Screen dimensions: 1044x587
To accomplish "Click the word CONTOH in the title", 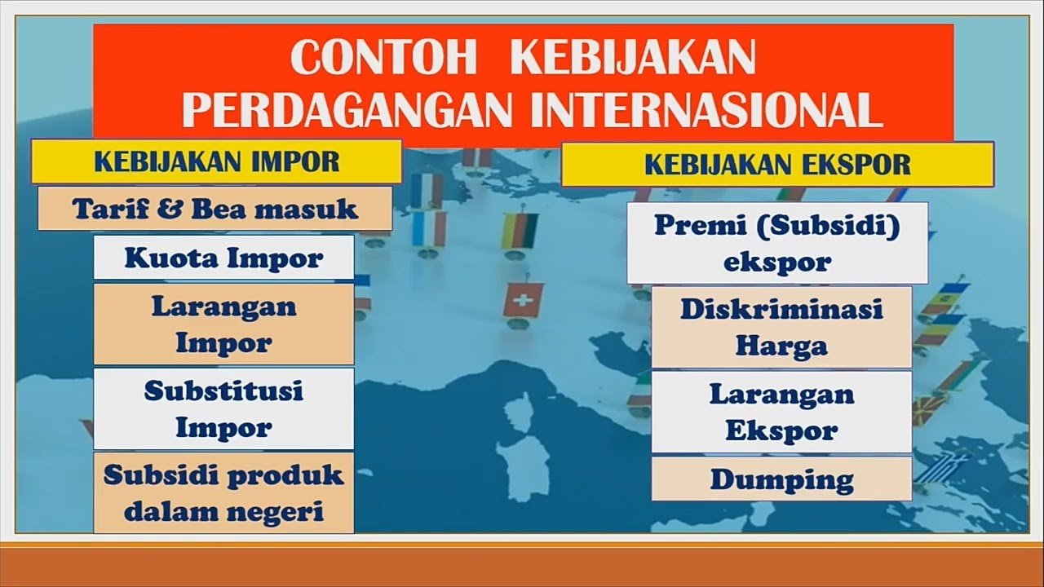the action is (384, 58).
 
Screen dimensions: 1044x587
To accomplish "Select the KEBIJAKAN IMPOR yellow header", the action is (217, 161).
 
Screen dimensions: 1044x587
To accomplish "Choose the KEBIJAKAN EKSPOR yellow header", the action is (777, 165).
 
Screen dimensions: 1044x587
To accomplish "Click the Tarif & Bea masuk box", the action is (215, 209).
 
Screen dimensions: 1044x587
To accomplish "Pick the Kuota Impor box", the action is (223, 257).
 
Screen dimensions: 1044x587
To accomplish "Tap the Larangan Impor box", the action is (223, 324).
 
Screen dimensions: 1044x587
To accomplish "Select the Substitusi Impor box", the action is (223, 408).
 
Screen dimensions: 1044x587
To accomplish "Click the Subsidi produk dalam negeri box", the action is (223, 492).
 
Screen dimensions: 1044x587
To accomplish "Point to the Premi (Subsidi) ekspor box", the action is (777, 243).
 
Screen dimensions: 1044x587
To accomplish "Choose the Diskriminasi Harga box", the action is (781, 327).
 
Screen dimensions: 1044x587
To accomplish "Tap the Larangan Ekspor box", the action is (781, 412).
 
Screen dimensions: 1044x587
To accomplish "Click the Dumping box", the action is (781, 479).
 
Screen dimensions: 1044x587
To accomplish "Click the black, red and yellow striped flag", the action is (520, 231).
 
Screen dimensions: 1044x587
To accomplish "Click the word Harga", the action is (781, 346).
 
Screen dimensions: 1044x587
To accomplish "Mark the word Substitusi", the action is (223, 391).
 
